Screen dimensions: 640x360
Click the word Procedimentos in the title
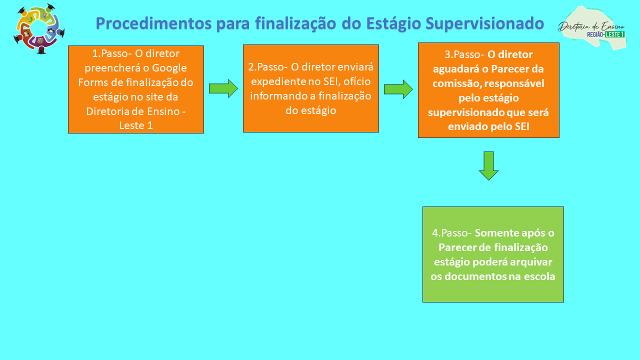point(153,23)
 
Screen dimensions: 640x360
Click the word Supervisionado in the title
point(484,23)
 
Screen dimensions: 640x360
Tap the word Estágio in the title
point(393,23)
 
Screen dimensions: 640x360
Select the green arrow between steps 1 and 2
point(223,88)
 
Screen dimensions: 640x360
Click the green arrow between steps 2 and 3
point(398,89)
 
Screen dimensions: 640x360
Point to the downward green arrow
point(488,165)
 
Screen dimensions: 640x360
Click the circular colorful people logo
point(39,28)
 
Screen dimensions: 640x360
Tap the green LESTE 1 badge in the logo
point(615,34)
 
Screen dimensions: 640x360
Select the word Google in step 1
point(169,68)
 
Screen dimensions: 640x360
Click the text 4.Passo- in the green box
point(451,233)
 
